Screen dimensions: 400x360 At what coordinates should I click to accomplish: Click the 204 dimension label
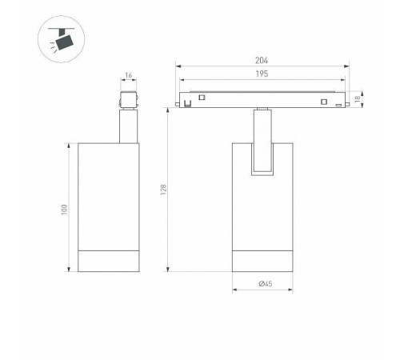point(262,61)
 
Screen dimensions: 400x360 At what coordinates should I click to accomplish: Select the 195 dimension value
point(262,74)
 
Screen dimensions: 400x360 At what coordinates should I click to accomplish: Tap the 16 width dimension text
point(129,75)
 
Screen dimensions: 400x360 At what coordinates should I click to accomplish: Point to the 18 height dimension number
point(358,99)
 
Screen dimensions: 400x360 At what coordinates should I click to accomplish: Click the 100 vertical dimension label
point(64,210)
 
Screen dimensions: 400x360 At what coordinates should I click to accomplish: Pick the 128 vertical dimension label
point(163,190)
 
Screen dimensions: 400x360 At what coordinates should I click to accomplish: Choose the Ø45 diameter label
point(266,283)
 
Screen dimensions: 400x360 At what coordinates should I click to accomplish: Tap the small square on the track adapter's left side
point(202,98)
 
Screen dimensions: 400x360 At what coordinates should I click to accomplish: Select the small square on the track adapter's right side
point(324,102)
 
